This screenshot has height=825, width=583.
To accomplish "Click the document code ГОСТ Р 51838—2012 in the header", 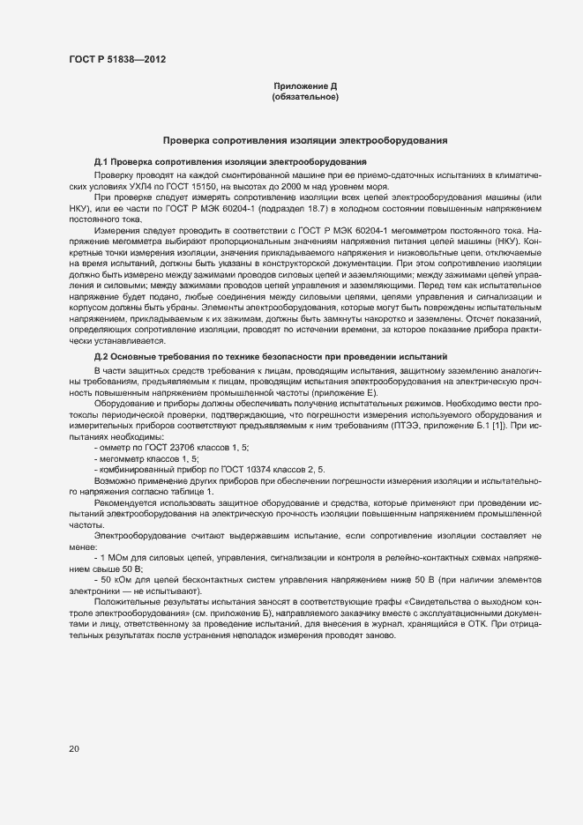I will (116, 58).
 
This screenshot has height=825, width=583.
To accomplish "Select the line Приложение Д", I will (305, 86).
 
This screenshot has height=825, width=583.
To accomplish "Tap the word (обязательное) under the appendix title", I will (305, 97).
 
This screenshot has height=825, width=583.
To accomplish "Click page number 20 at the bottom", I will (73, 749).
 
